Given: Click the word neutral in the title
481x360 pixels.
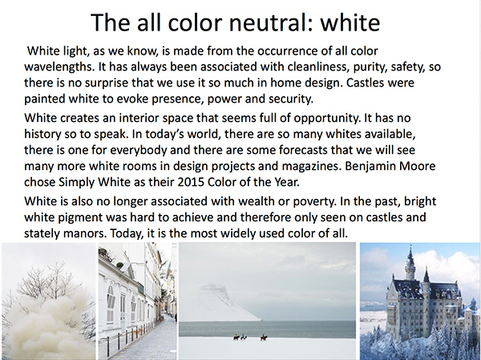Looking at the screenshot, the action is click(x=271, y=22).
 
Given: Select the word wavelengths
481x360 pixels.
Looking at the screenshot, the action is click(x=59, y=67).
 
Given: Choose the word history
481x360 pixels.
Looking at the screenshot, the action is click(x=42, y=135).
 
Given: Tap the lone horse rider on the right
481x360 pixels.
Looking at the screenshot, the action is click(x=264, y=338).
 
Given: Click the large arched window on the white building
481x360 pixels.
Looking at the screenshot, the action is click(x=111, y=304).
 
